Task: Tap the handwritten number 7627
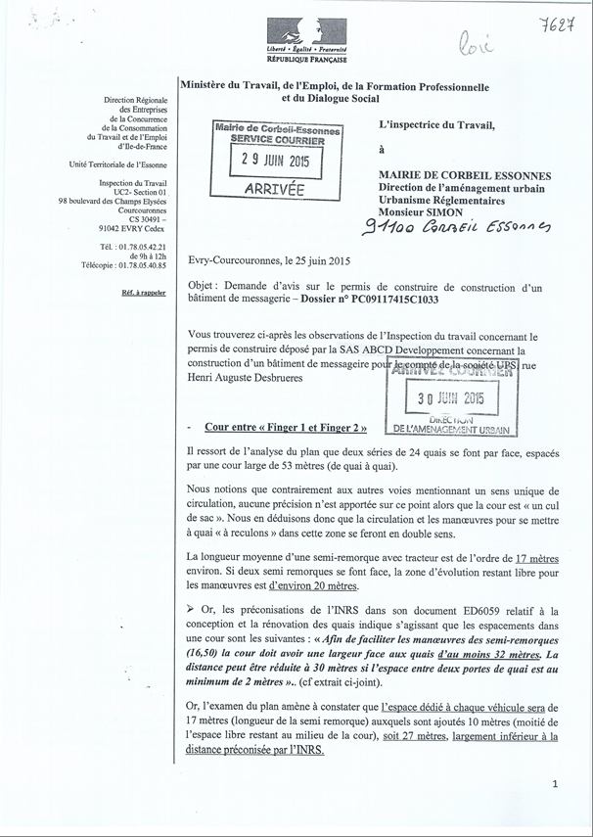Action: tap(554, 23)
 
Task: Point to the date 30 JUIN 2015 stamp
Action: tap(451, 398)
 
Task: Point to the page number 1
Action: tap(554, 784)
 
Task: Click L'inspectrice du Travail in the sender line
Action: tap(436, 125)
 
